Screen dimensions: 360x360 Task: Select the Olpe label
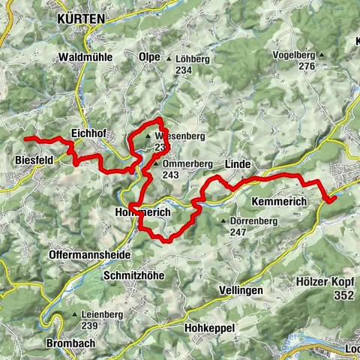point(148,57)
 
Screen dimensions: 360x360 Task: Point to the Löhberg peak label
point(193,58)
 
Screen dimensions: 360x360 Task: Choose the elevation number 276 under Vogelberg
point(305,66)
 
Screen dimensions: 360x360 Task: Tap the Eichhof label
point(86,132)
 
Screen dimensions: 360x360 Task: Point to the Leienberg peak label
point(100,314)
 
